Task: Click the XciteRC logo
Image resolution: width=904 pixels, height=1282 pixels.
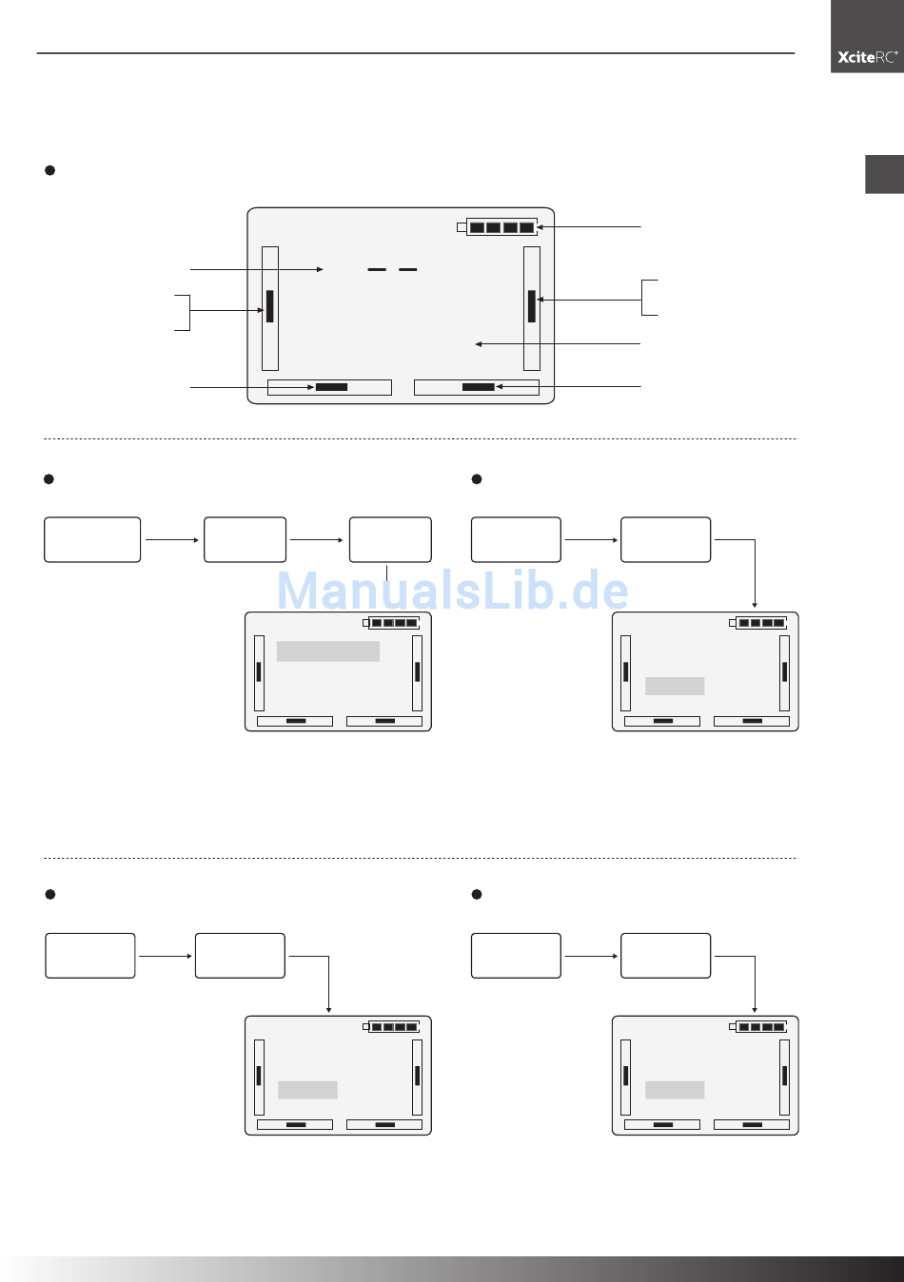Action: tap(867, 57)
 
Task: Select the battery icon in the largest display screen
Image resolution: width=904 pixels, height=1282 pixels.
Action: tap(497, 227)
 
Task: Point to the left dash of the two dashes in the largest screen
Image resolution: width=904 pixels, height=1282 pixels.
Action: tap(377, 269)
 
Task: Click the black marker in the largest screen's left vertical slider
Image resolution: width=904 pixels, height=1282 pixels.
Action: tap(269, 306)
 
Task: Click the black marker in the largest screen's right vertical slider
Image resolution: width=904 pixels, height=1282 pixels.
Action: tap(531, 306)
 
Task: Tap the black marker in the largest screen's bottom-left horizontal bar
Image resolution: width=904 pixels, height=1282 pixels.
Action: tap(331, 387)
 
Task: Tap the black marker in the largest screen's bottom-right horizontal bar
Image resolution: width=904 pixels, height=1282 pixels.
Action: tap(478, 387)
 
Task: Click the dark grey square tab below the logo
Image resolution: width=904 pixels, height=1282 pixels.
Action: tap(885, 174)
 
